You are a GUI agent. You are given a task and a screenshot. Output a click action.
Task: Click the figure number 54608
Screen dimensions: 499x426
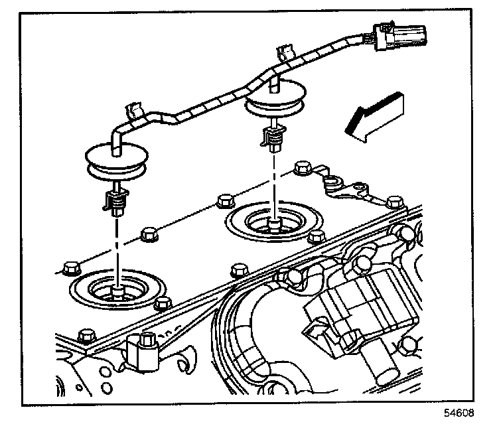[459, 413]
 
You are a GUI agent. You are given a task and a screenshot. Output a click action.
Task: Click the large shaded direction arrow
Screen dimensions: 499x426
[374, 117]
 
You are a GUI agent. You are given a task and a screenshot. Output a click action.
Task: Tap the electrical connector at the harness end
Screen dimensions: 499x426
[400, 36]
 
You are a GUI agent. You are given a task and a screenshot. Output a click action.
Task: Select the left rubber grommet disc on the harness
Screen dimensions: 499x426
[117, 160]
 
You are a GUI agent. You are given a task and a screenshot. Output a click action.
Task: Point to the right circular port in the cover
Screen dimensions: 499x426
[273, 222]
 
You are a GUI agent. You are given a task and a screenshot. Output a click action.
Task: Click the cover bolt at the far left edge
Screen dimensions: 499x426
[71, 268]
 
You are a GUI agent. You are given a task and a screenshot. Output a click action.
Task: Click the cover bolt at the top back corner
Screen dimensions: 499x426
[303, 168]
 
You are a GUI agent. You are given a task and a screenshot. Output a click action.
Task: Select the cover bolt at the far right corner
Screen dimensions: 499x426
[395, 202]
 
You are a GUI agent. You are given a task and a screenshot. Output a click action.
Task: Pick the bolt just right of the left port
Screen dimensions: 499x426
[163, 304]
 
